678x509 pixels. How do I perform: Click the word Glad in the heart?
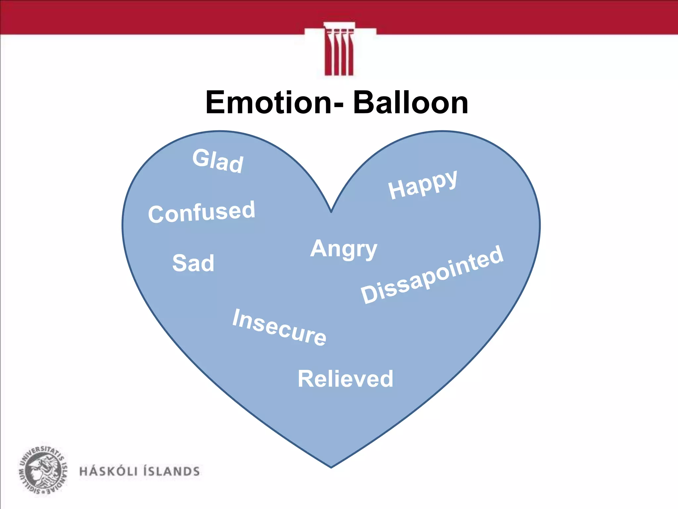click(218, 161)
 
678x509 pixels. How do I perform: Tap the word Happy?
click(423, 185)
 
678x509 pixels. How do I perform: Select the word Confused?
click(202, 212)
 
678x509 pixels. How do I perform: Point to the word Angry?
click(344, 249)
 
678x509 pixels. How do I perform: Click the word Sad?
click(193, 263)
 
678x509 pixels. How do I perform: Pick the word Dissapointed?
click(432, 275)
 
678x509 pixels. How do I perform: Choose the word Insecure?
click(279, 327)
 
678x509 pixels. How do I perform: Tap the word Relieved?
click(345, 379)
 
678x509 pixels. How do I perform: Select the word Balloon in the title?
click(411, 102)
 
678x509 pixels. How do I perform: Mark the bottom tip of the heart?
click(331, 467)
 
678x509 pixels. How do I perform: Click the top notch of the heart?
click(331, 211)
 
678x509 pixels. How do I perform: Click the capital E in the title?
click(217, 102)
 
